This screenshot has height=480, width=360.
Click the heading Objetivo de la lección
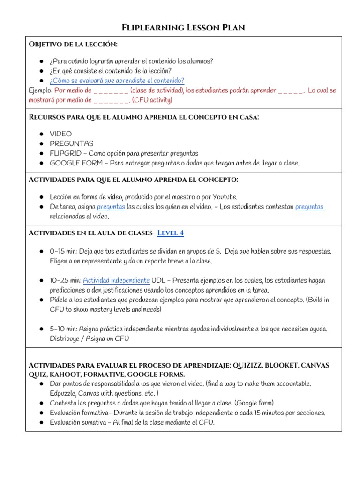(74, 44)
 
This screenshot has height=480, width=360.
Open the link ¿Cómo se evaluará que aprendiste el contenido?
(117, 81)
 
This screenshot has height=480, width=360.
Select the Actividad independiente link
(117, 280)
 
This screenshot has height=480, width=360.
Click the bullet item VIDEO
(61, 134)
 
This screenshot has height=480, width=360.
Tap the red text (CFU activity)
(152, 100)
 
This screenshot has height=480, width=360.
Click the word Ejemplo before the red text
(40, 90)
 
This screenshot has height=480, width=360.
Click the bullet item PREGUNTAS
(72, 143)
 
